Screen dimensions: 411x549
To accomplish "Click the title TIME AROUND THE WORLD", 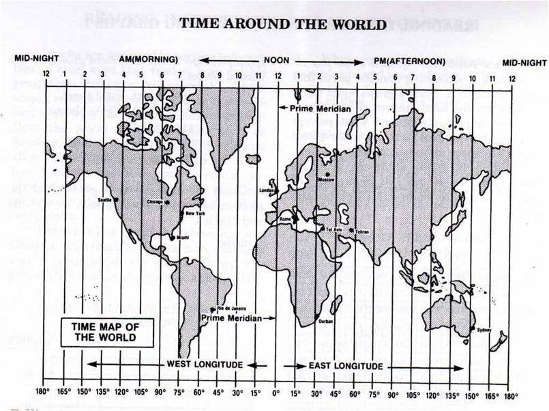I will tap(283, 25).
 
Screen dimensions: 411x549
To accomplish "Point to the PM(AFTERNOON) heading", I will tap(409, 61).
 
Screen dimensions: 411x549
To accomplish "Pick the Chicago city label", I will tap(156, 202).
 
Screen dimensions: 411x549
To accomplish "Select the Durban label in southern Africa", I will tap(325, 322).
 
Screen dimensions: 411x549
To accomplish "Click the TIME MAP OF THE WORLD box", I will tap(105, 332).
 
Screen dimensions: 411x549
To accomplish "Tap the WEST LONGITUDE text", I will tap(205, 365).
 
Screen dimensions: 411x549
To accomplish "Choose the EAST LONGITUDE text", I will tap(346, 366).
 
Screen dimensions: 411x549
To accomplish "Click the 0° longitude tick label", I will tap(276, 394).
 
